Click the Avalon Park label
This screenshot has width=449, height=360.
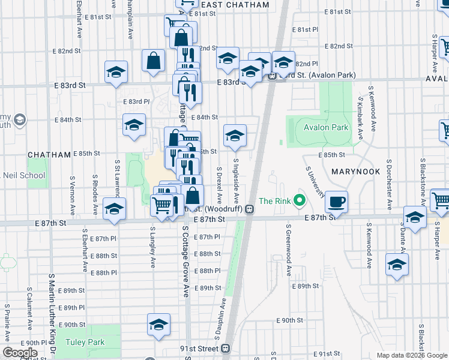coord(326,128)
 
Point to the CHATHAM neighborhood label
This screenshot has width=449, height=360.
coord(50,154)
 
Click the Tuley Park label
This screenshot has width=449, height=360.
coord(86,343)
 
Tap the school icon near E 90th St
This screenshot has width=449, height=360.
coord(158,325)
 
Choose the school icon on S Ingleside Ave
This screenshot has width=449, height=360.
coord(235,136)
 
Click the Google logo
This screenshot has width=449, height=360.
coord(20,353)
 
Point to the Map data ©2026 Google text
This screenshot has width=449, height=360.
coord(412,355)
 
